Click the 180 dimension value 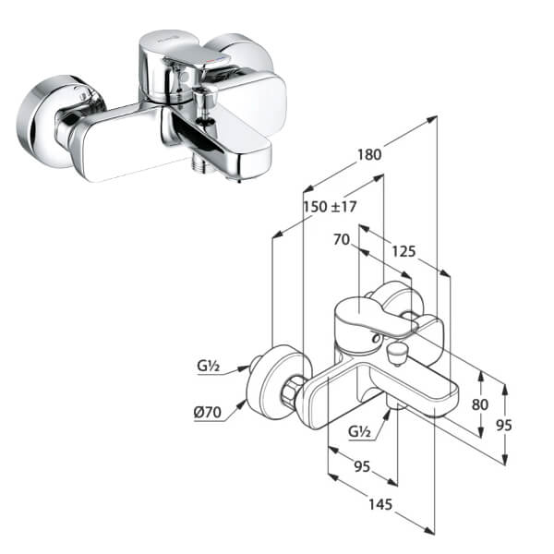pos(368,155)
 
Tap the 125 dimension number pos(403,249)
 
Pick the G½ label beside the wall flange pos(208,367)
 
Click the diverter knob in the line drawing pos(398,352)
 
